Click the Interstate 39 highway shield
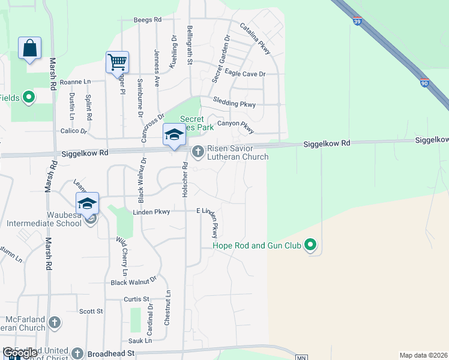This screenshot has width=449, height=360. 358,22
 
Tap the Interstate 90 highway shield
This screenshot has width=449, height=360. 424,84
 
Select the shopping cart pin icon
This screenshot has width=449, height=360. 117,62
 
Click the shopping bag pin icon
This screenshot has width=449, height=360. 29,48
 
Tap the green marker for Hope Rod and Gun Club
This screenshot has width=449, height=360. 310,245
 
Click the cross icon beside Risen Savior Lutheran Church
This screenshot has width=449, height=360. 198,153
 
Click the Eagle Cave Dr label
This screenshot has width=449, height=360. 245,74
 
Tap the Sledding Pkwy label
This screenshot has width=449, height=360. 234,104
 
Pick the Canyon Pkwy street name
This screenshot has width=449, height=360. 236,125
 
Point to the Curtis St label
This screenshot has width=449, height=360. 136,299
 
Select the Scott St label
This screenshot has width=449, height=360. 91,311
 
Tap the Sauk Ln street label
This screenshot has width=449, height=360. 139,341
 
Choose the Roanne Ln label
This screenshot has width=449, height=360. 75,82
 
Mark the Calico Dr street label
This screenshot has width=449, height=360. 74,131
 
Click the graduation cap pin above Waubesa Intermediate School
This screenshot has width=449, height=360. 87,203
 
